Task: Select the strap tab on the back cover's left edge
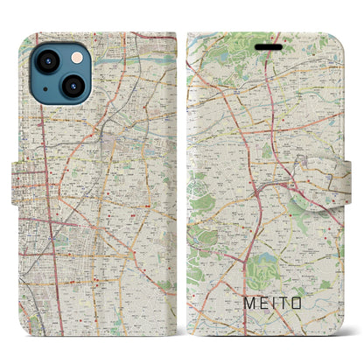[28, 182]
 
